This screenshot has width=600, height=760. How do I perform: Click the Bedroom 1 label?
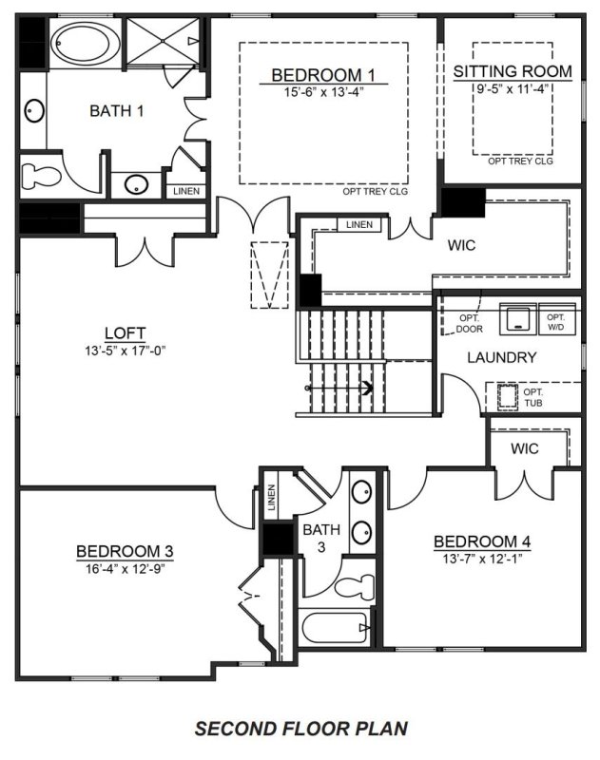(317, 75)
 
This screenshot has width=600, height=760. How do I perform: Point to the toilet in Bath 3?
(356, 579)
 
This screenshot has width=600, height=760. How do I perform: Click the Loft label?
(125, 332)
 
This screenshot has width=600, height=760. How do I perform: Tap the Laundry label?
(502, 358)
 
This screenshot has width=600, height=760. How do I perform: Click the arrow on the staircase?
(365, 387)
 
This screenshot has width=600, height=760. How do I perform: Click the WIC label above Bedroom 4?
(525, 446)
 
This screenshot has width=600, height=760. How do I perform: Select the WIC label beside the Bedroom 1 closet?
(461, 244)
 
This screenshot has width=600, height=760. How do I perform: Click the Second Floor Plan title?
(300, 729)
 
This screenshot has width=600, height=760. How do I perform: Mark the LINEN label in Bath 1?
(186, 191)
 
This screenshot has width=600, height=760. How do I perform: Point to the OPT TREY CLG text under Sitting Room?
(520, 161)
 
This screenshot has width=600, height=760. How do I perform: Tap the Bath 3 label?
(316, 539)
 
